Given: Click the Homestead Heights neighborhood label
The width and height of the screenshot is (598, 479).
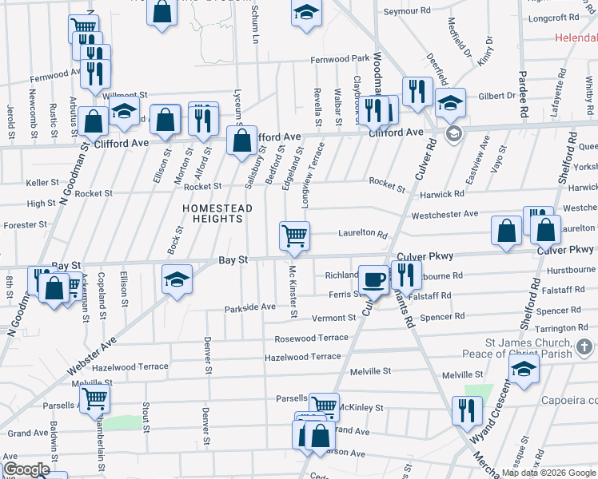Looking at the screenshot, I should coord(217,214).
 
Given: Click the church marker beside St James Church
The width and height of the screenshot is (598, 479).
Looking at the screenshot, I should coord(585,347).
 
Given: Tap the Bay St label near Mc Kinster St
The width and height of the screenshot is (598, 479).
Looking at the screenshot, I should coord(233,260).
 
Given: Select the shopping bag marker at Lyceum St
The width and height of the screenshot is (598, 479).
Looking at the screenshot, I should coord(241,143).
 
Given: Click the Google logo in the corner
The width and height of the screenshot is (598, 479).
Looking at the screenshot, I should coord(26,470).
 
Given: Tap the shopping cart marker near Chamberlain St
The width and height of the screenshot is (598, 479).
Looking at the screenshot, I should coord(94,398).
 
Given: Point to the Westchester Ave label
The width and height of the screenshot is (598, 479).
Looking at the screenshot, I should coord(445,215).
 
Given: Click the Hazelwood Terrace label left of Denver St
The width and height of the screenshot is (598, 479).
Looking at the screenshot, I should coord(130,366).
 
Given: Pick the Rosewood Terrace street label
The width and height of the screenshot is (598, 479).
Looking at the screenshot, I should coord(311,338).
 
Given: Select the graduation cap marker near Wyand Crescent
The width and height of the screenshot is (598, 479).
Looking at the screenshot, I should coord(524,369).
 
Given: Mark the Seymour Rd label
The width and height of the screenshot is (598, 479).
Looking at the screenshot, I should coord(413,12).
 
